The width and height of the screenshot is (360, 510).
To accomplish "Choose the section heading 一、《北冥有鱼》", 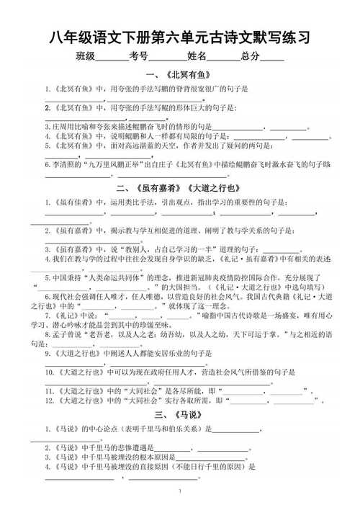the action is (x=179, y=75).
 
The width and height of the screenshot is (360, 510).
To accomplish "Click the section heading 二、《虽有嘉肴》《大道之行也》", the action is (x=179, y=189).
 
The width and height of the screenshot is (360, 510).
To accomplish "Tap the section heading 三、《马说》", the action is (x=179, y=416).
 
